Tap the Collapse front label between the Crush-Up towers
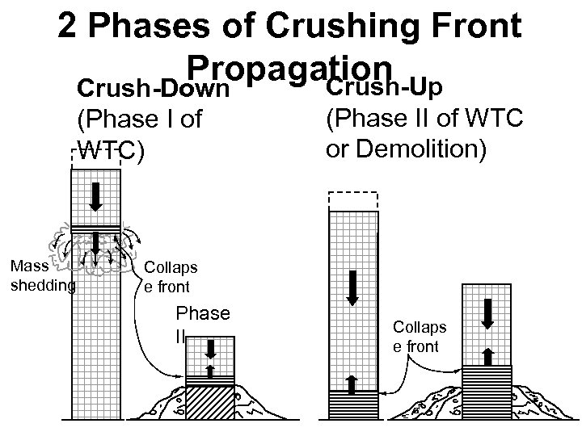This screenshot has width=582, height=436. point(417,337)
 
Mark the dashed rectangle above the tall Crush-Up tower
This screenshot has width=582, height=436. point(352,199)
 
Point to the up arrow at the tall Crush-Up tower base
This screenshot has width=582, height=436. point(352,382)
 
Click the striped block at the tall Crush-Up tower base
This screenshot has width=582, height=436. point(352,405)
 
